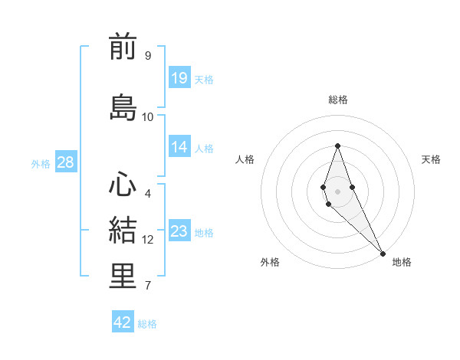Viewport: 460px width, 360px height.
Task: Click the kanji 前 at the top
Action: tap(123, 47)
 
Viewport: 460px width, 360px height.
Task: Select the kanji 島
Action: tap(123, 107)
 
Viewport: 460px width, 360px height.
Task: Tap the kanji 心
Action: tap(123, 185)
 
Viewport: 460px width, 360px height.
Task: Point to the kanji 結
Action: tap(123, 231)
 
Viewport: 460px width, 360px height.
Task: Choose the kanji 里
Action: tap(123, 277)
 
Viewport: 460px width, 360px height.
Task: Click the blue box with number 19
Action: tap(179, 77)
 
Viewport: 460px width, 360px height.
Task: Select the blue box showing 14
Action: tap(179, 147)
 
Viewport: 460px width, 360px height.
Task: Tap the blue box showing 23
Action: tap(179, 231)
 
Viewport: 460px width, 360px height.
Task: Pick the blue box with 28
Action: tap(65, 162)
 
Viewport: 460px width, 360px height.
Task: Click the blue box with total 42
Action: tap(123, 322)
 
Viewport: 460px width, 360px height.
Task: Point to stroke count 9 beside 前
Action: tap(147, 56)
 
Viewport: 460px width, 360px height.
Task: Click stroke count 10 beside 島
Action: tap(148, 117)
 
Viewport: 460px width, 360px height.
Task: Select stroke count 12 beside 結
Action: tap(148, 240)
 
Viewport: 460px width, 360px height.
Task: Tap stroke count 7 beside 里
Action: tap(147, 286)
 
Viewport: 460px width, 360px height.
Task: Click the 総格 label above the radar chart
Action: tap(338, 100)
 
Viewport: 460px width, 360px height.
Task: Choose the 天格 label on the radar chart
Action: tap(431, 159)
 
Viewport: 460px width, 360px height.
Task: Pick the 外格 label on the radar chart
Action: tap(270, 262)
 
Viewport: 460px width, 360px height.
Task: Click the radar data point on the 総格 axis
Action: tap(337, 146)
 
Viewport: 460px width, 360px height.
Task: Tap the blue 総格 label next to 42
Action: tap(147, 323)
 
